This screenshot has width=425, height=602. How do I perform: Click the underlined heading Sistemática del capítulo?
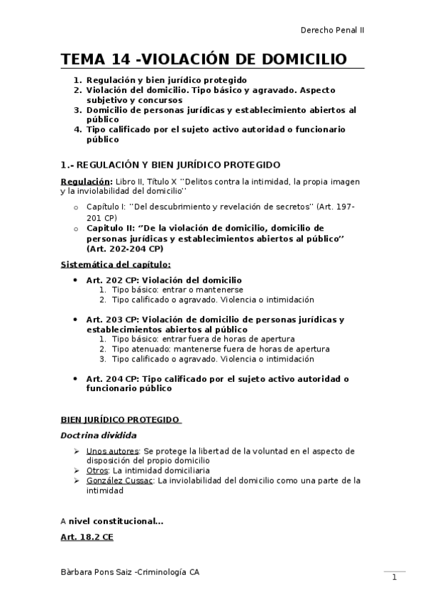(115, 265)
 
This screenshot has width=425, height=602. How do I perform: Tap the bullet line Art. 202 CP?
(163, 280)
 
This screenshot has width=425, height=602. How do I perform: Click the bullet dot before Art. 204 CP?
(75, 379)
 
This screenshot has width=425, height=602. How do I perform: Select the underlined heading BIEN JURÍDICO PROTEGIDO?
(121, 420)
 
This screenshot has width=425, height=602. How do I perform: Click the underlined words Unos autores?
(112, 451)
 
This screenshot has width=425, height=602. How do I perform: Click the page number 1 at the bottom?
(394, 578)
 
